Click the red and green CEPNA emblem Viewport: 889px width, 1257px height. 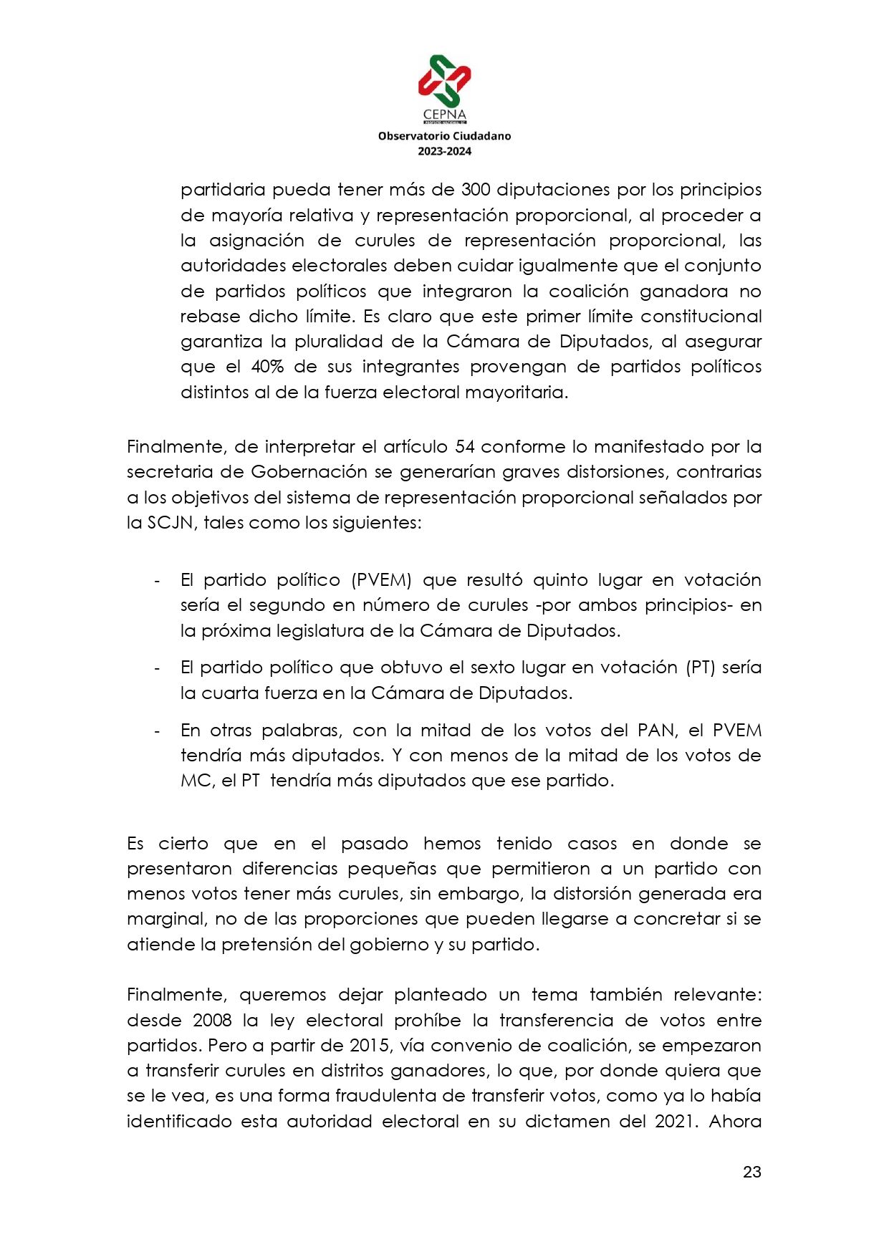444,80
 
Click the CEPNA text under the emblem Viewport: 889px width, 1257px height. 444,115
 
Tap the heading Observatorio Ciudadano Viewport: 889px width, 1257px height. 444,135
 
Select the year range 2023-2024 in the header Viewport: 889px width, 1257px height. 444,151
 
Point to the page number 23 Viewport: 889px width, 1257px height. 751,1172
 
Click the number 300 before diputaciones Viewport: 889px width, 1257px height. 476,190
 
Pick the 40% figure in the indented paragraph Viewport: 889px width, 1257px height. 266,367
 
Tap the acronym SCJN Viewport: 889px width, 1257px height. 170,523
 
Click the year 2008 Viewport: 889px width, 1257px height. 212,1021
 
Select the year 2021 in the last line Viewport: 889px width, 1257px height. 676,1122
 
